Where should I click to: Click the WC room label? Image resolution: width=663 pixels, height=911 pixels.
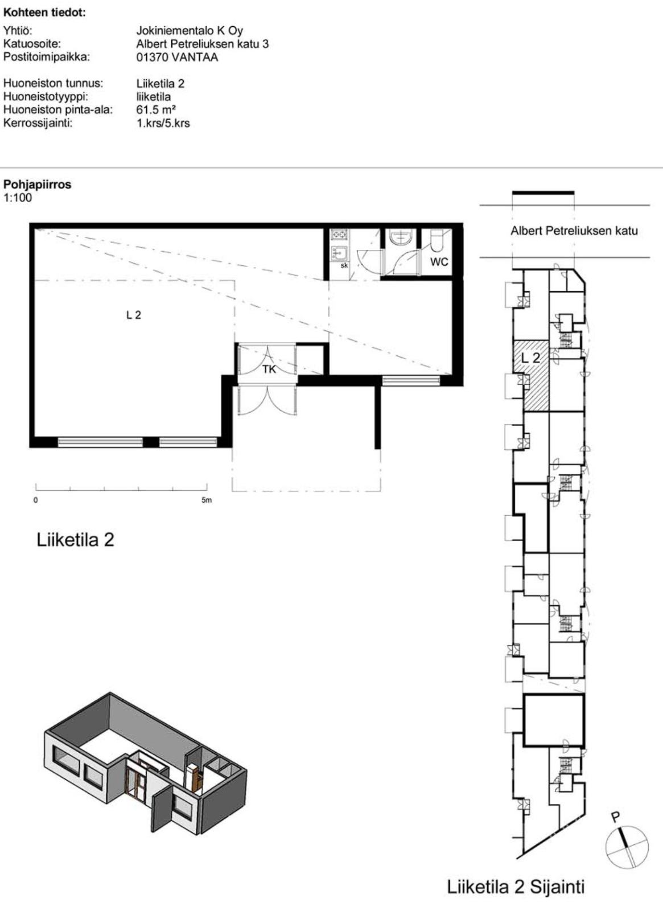[x=439, y=261]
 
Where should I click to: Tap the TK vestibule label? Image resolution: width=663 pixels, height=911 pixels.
[x=269, y=369]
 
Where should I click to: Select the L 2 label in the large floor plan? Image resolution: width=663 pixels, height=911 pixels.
[x=134, y=315]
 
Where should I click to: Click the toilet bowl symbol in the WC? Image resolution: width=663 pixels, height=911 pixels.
[x=438, y=241]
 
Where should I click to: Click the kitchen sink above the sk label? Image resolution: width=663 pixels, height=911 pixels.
[x=338, y=254]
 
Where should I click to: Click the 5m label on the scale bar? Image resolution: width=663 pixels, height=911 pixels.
[x=207, y=500]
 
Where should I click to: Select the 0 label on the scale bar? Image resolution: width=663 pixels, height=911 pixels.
[x=36, y=500]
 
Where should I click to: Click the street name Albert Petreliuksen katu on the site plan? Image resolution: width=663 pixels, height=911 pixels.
[x=574, y=231]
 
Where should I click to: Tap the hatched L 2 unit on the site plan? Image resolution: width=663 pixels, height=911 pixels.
[x=532, y=376]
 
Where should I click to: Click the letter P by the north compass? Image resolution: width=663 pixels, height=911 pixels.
[x=616, y=815]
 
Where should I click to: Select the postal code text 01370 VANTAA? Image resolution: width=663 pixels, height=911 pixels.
[x=177, y=58]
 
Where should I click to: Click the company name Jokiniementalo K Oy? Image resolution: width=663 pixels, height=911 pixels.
[x=190, y=31]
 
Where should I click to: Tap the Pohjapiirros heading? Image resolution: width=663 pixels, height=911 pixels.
[x=38, y=184]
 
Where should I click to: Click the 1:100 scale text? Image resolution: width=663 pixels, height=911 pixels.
[x=18, y=198]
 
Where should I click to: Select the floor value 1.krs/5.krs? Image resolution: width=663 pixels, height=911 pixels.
[x=163, y=123]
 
